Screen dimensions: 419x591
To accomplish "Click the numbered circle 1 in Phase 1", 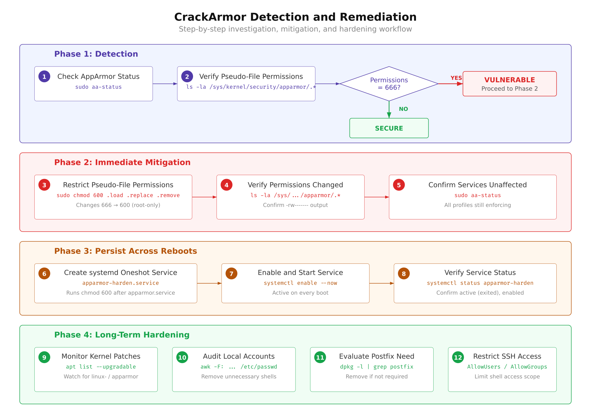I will pos(44,76).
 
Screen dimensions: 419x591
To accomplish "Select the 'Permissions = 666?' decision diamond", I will pos(389,84).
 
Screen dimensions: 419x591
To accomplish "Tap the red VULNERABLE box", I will pos(509,84).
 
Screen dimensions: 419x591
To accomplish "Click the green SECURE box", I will pos(389,128).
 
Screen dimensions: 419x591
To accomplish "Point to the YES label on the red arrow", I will pos(456,78).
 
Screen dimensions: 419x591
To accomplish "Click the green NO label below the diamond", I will pos(403,109).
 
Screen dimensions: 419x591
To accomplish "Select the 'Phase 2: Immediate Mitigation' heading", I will pos(122,162).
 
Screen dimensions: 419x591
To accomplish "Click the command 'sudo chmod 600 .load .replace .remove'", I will pos(118,195).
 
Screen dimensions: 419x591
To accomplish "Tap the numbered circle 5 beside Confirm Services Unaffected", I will pos(399,185).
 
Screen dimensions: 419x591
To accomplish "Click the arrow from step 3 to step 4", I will pos(204,197).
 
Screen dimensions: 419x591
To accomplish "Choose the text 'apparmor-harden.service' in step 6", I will pos(120,283).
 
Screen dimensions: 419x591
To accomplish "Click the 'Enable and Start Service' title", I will pos(300,272).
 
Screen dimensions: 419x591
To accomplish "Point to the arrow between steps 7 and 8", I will pos(381,283).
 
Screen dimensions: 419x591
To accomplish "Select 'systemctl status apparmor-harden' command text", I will pos(480,283).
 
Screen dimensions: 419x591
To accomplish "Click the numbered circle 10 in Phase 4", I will pos(182,357).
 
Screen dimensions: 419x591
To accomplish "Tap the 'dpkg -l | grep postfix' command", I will pos(376,367).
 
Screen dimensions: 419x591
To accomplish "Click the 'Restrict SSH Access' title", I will pos(507,356).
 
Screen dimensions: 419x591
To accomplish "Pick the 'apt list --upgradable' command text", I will pos(101,367).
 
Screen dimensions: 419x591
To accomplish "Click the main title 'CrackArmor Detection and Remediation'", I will pos(295,17).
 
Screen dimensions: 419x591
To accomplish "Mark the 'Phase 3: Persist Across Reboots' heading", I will pos(125,251).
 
